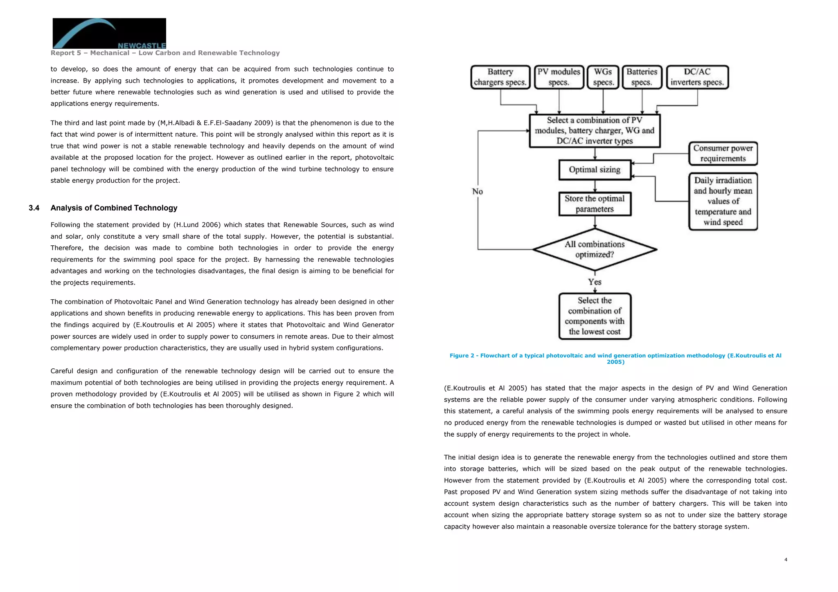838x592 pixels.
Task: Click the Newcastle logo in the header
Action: [x=109, y=33]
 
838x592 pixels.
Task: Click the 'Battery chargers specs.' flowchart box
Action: [x=500, y=77]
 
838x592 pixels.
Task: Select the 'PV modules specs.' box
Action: [x=559, y=77]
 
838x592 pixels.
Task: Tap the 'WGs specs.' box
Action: [x=603, y=77]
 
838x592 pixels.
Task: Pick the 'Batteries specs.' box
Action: [x=642, y=77]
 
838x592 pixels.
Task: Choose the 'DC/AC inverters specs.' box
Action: [x=697, y=77]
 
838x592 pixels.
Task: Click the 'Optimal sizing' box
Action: [x=595, y=170]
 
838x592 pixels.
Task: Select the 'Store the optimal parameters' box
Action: [x=595, y=204]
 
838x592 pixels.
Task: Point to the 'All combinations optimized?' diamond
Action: [x=595, y=249]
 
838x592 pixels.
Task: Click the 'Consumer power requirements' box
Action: [x=723, y=154]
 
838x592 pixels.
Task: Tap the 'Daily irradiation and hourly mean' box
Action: [x=723, y=202]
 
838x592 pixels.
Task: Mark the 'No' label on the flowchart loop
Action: [x=477, y=192]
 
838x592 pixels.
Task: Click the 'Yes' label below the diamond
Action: [x=595, y=282]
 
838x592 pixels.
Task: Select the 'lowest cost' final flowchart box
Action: [x=595, y=316]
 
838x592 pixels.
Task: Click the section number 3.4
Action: [x=34, y=208]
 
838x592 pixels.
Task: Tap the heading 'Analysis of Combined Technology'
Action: [x=114, y=208]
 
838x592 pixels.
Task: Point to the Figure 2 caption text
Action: [x=615, y=359]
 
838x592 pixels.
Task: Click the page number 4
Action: [x=785, y=560]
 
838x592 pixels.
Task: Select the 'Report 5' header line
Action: [x=165, y=53]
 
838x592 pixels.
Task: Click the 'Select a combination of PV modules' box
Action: [x=595, y=131]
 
